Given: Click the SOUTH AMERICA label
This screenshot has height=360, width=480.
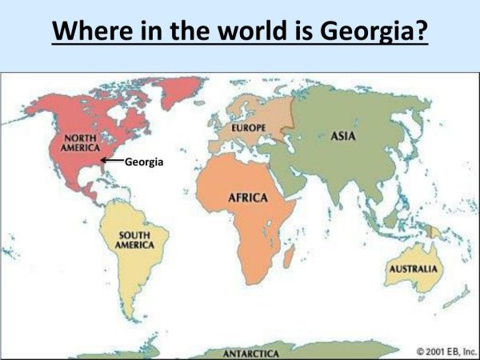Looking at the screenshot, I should pos(134,239).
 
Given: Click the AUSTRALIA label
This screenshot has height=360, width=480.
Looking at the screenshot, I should pos(413,269).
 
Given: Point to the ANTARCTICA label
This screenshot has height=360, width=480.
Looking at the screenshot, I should pos(250,353).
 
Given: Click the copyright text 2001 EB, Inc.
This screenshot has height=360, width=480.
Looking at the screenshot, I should pos(443,350).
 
